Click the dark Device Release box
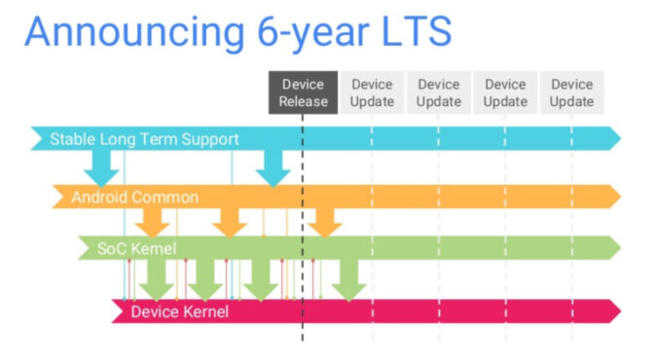pyautogui.click(x=303, y=92)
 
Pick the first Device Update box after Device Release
pyautogui.click(x=372, y=92)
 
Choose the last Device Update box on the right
pyautogui.click(x=571, y=92)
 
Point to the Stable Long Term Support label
pyautogui.click(x=144, y=139)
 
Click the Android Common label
pyautogui.click(x=134, y=197)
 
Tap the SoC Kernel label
pyautogui.click(x=136, y=249)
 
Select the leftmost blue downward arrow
pyautogui.click(x=100, y=170)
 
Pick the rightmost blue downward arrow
pyautogui.click(x=273, y=168)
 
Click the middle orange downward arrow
pyautogui.click(x=229, y=222)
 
